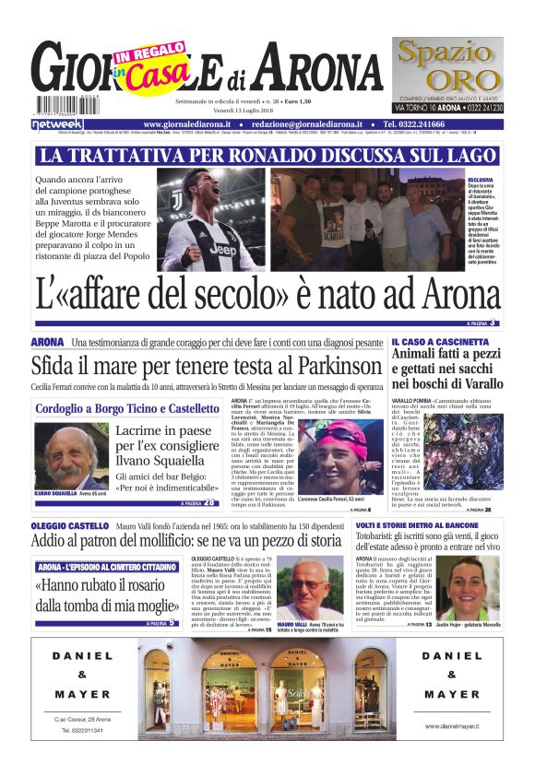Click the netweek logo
57,123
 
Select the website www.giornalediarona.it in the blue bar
187,123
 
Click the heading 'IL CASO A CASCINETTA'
440,342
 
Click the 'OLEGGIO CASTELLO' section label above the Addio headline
69,525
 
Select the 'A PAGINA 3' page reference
481,323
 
